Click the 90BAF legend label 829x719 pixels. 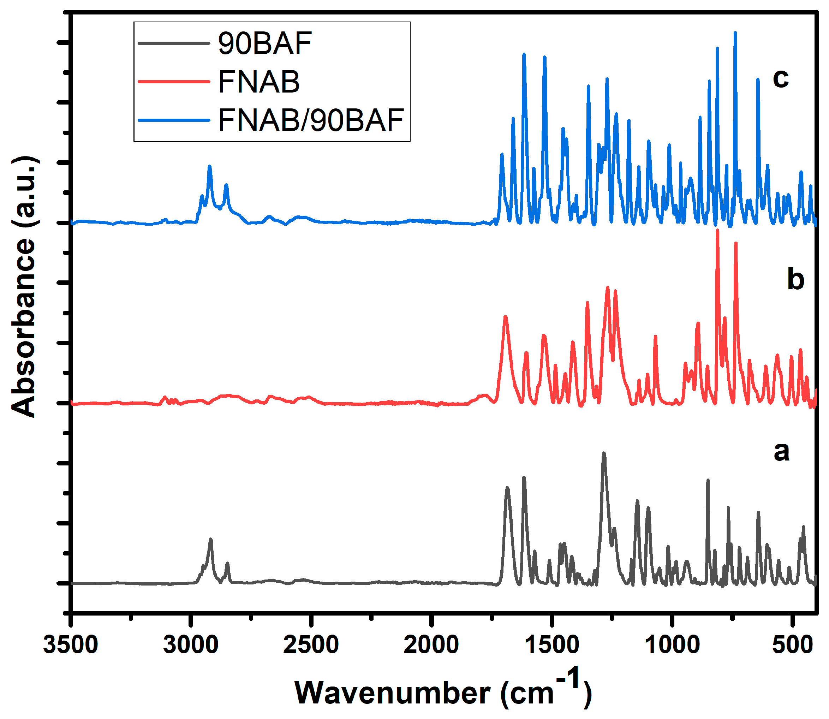pyautogui.click(x=264, y=43)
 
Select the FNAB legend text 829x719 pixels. pyautogui.click(x=259, y=82)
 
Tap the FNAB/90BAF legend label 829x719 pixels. pyautogui.click(x=310, y=120)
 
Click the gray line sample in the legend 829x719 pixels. pyautogui.click(x=174, y=43)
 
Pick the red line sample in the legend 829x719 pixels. pyautogui.click(x=174, y=82)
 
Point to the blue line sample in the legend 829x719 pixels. pyautogui.click(x=174, y=120)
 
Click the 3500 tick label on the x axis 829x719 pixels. pyautogui.click(x=71, y=646)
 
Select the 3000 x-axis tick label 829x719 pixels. pyautogui.click(x=191, y=646)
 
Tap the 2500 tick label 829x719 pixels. pyautogui.click(x=311, y=646)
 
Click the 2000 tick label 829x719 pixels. pyautogui.click(x=431, y=646)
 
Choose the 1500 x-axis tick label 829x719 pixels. pyautogui.click(x=551, y=646)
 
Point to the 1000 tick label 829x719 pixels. pyautogui.click(x=672, y=646)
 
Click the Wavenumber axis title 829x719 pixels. pyautogui.click(x=443, y=692)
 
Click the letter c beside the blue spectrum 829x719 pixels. pyautogui.click(x=781, y=78)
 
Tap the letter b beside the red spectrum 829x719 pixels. pyautogui.click(x=795, y=280)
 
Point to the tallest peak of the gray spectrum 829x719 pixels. pyautogui.click(x=604, y=454)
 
